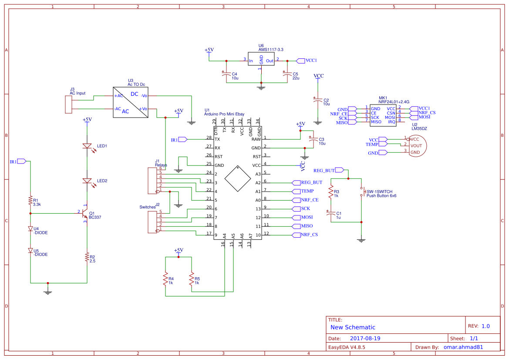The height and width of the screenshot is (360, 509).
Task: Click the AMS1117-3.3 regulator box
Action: pos(261,60)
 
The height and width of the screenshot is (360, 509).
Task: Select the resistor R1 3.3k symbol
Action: pos(30,201)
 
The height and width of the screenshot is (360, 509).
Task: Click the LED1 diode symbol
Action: pos(87,146)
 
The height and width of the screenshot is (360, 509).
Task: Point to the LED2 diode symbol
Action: pos(87,181)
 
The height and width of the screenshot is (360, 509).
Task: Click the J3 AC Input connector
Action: pos(68,104)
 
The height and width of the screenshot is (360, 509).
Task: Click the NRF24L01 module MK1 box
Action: pos(383,115)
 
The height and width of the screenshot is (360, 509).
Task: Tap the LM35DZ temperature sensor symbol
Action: pos(416,145)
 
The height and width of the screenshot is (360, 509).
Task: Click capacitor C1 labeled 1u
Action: pos(331,213)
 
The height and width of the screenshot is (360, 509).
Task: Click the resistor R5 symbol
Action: pos(192,279)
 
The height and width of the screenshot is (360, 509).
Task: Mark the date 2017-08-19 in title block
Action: pos(365,338)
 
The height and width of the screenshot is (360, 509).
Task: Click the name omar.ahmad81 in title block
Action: pos(463,347)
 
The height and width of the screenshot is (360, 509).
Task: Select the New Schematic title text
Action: pos(353,327)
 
